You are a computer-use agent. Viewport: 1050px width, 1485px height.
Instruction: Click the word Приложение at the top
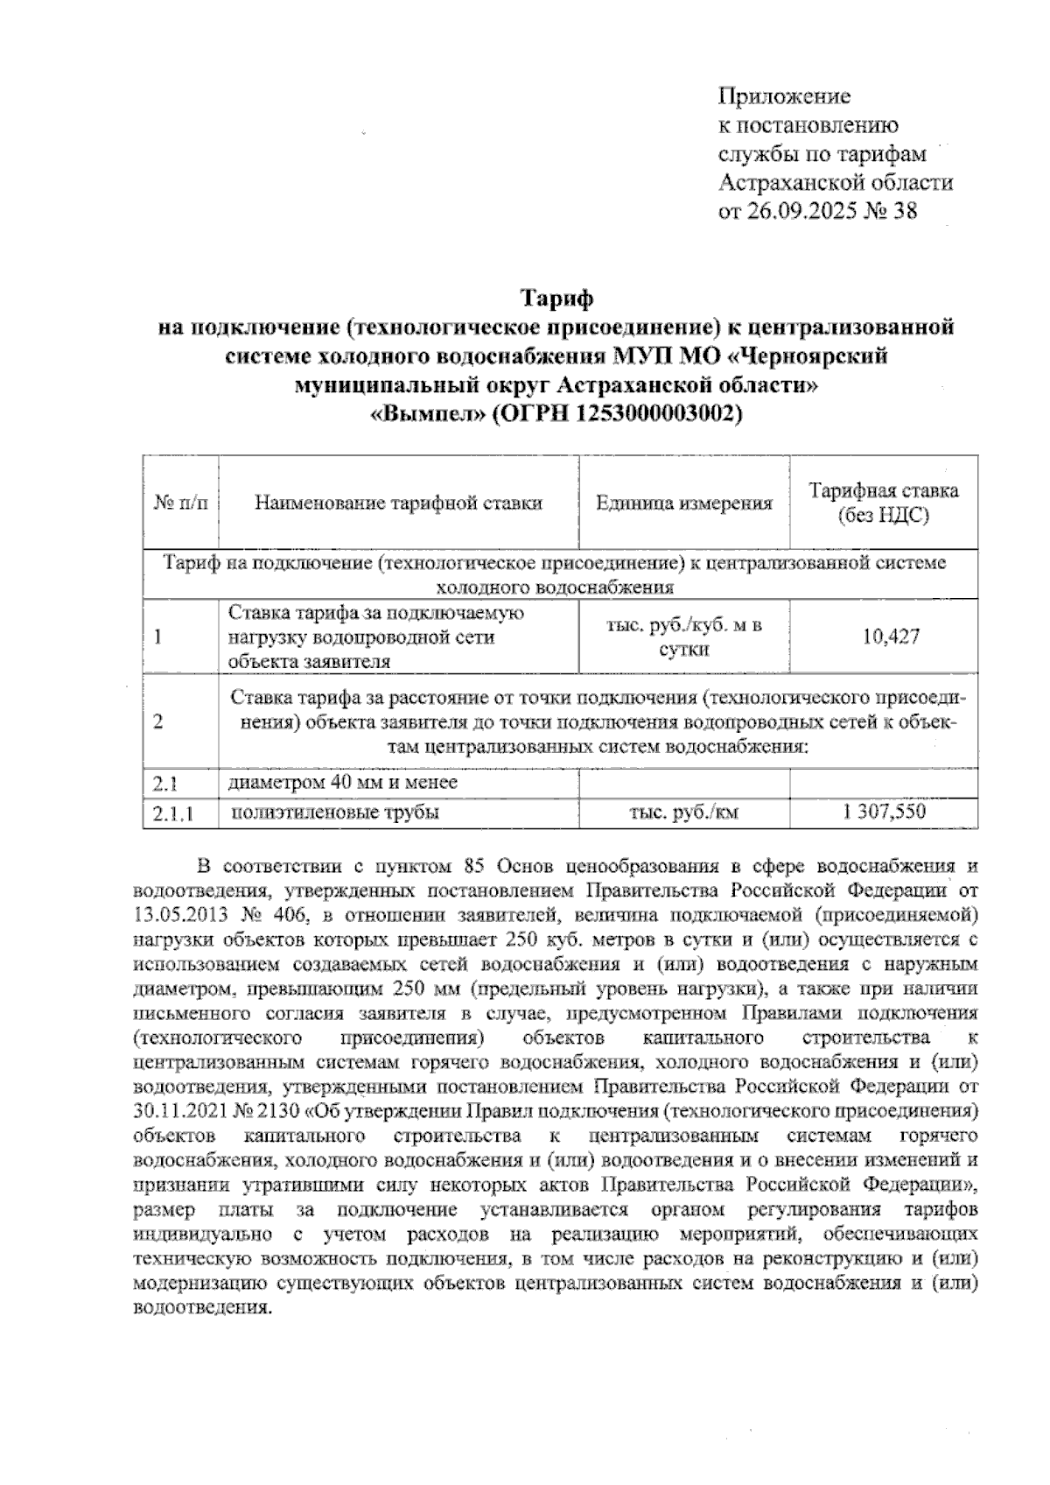784,95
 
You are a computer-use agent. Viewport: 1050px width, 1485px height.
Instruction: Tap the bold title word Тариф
557,299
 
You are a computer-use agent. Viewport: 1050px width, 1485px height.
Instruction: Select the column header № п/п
181,503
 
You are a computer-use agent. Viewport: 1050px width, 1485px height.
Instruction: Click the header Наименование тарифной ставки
398,503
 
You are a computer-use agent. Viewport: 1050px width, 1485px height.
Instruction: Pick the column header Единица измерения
684,503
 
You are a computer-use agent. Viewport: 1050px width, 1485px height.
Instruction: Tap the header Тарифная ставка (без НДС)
883,503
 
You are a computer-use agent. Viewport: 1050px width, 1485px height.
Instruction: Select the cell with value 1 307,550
884,812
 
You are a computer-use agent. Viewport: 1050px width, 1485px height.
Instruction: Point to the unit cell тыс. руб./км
684,813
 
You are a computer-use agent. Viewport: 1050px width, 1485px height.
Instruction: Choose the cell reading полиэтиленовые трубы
334,813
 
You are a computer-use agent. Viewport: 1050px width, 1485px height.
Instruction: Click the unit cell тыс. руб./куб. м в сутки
684,637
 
